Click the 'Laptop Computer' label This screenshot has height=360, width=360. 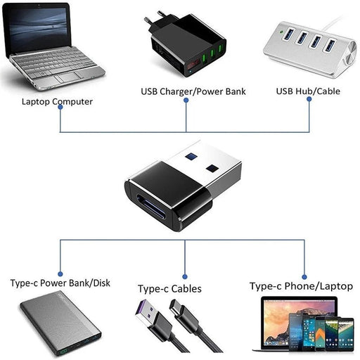point(58,101)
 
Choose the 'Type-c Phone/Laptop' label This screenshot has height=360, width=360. point(302,285)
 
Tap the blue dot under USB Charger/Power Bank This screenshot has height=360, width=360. point(186,100)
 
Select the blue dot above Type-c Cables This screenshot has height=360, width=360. point(185,277)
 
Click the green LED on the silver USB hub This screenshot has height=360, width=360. point(283,32)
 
